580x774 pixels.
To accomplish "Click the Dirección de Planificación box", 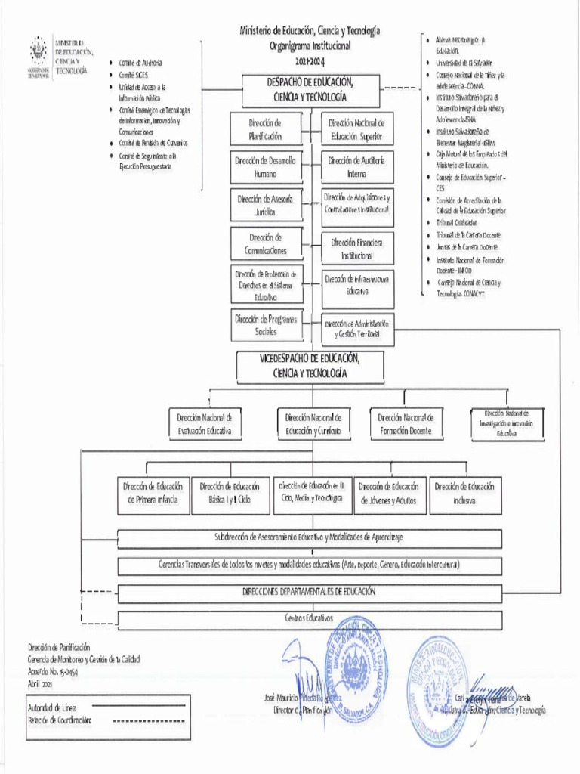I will (265, 130).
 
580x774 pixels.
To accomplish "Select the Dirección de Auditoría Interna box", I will (356, 167).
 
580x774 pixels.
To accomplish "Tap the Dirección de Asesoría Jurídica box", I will (265, 206).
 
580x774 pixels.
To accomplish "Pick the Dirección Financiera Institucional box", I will (356, 249).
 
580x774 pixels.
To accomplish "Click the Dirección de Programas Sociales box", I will (265, 325).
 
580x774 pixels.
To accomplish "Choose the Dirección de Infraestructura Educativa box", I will (356, 285).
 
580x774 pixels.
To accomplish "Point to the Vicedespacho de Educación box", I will (309, 366).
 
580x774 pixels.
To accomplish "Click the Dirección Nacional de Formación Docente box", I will (406, 424).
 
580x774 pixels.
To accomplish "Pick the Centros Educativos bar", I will (309, 619).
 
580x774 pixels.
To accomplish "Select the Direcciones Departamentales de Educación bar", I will (309, 592).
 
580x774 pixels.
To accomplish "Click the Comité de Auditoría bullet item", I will (140, 63).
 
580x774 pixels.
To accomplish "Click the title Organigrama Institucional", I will (310, 45).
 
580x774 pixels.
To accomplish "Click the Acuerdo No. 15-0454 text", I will (52, 671).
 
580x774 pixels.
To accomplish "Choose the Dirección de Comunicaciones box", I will (265, 243).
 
